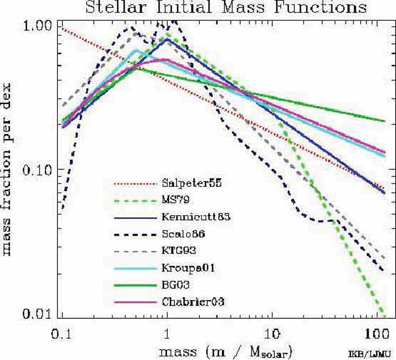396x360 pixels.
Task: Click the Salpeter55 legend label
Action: point(192,183)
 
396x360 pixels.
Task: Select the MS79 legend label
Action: point(176,200)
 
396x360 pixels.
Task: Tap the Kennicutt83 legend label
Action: point(196,217)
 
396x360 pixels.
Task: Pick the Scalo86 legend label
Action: point(183,234)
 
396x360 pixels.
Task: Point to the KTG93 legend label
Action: point(179,251)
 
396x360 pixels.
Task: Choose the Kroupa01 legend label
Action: point(188,268)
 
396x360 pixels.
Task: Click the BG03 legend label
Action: point(176,285)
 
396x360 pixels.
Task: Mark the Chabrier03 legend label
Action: point(193,302)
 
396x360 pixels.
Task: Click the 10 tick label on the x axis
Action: point(272,334)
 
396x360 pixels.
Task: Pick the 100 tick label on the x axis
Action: point(377,334)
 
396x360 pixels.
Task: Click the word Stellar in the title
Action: point(116,7)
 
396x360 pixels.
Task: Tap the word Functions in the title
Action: point(320,7)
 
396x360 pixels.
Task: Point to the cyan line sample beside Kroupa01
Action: point(136,269)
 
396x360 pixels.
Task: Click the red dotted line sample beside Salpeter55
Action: point(136,184)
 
